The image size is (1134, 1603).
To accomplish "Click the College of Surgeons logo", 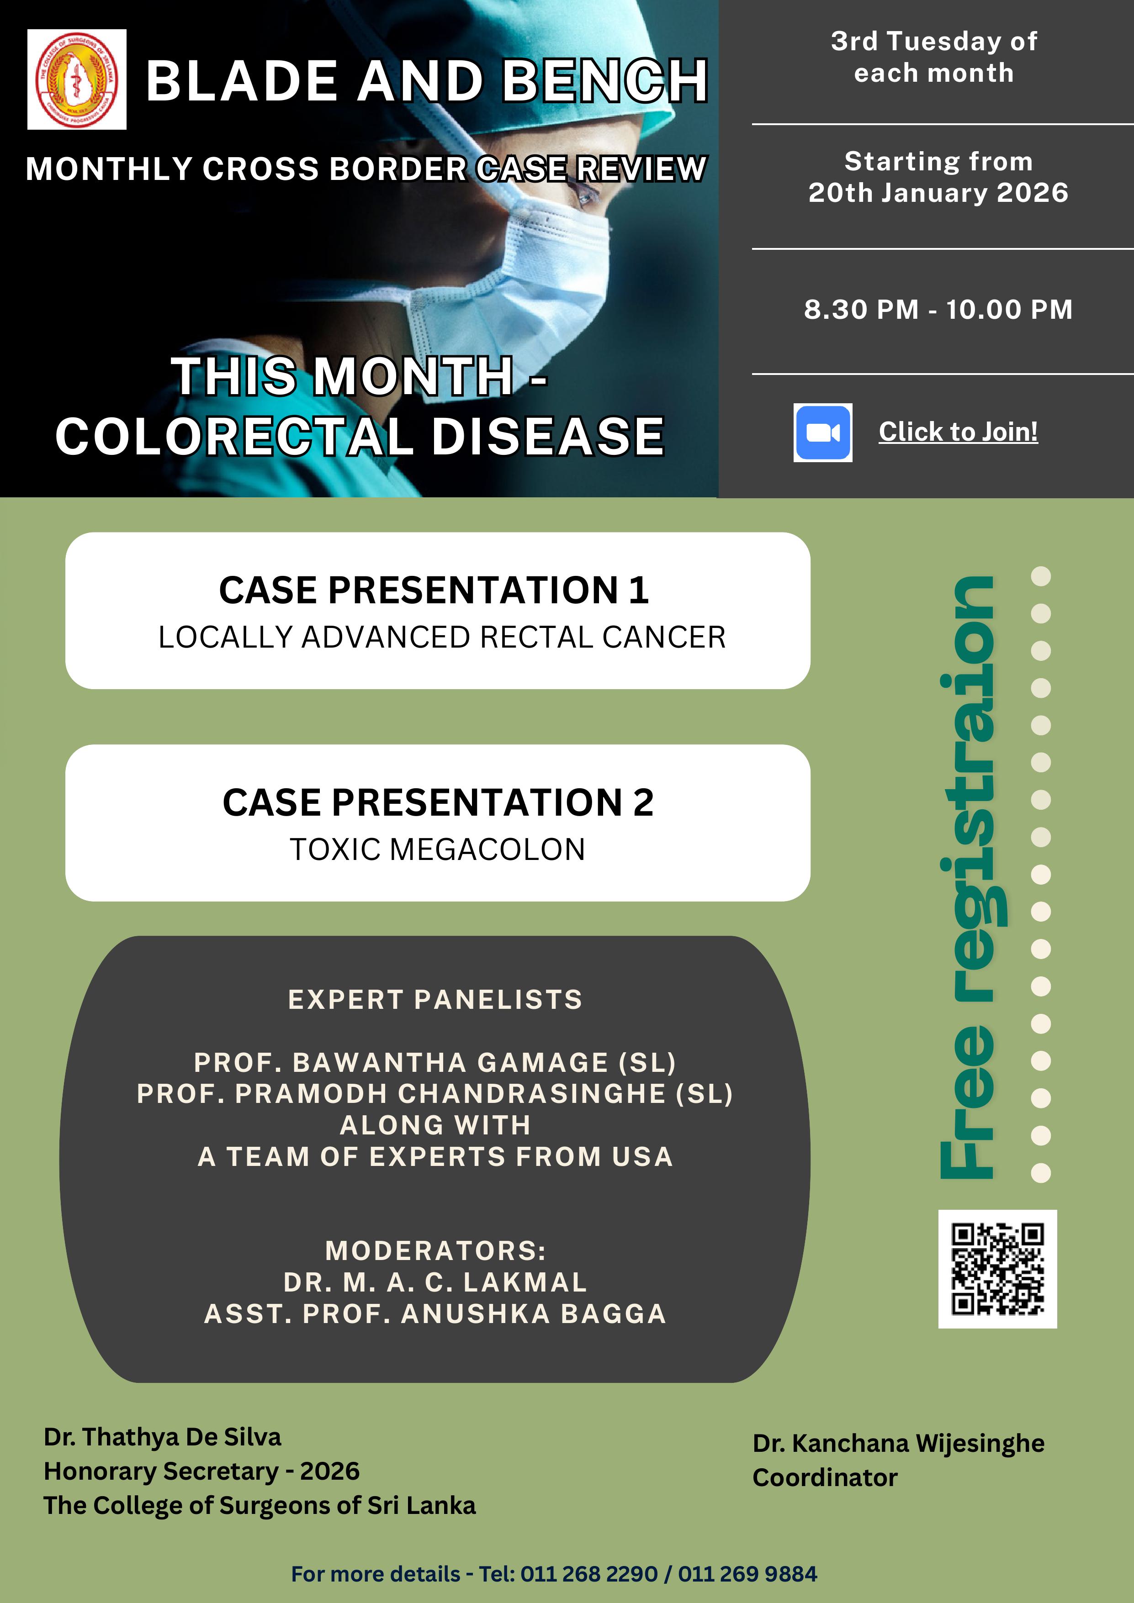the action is (x=77, y=79).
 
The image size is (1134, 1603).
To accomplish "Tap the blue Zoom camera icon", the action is (x=822, y=433).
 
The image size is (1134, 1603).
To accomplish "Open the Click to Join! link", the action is (x=958, y=432).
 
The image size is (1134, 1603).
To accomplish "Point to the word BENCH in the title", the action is (x=605, y=80).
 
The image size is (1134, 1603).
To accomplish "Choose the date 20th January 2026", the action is (x=938, y=193).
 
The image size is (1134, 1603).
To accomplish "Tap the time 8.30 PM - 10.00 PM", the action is (x=938, y=309).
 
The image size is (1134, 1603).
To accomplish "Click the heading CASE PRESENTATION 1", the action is (x=435, y=590).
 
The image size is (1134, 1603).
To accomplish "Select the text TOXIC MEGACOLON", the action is (x=437, y=849).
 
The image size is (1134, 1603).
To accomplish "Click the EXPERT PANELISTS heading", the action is (x=435, y=1000).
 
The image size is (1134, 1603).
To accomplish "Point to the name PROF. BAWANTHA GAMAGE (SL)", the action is (x=435, y=1063).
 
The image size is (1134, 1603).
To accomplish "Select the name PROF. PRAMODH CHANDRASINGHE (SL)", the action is (x=435, y=1094).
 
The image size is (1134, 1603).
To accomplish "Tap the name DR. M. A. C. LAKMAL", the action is (x=435, y=1282).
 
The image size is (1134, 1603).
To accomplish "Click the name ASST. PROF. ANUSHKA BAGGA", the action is (x=435, y=1314).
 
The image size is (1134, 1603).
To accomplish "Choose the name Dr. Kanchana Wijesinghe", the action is (x=898, y=1444).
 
